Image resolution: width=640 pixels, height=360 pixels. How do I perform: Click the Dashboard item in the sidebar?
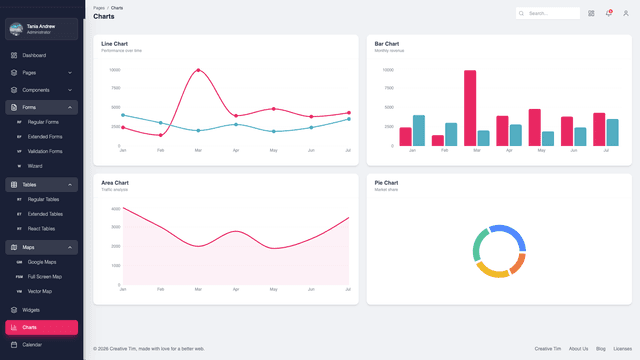point(34,55)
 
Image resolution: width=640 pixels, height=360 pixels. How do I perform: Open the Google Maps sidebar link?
point(42,261)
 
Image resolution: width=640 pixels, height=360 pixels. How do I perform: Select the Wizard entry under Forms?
point(35,165)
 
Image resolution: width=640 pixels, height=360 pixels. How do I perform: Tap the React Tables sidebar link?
point(43,228)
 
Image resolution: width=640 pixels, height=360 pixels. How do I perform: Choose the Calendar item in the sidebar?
point(32,344)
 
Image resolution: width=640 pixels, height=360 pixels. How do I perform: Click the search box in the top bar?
point(549,13)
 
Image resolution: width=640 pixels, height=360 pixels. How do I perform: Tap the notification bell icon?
point(608,13)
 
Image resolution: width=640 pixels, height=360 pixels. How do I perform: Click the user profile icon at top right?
point(625,13)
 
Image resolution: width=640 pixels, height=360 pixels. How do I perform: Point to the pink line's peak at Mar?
point(198,70)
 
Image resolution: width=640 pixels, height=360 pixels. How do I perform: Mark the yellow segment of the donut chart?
point(492,270)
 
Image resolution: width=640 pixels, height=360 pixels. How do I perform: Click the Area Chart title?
point(115,183)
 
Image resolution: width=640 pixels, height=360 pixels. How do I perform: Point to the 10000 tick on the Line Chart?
point(114,70)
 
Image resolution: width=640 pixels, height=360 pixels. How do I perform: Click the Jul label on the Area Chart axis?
point(348,289)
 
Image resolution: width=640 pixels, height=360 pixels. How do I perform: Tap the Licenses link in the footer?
point(622,348)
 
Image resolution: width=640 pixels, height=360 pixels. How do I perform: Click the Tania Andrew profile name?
point(41,27)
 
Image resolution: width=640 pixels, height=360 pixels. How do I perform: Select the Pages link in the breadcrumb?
point(98,7)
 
